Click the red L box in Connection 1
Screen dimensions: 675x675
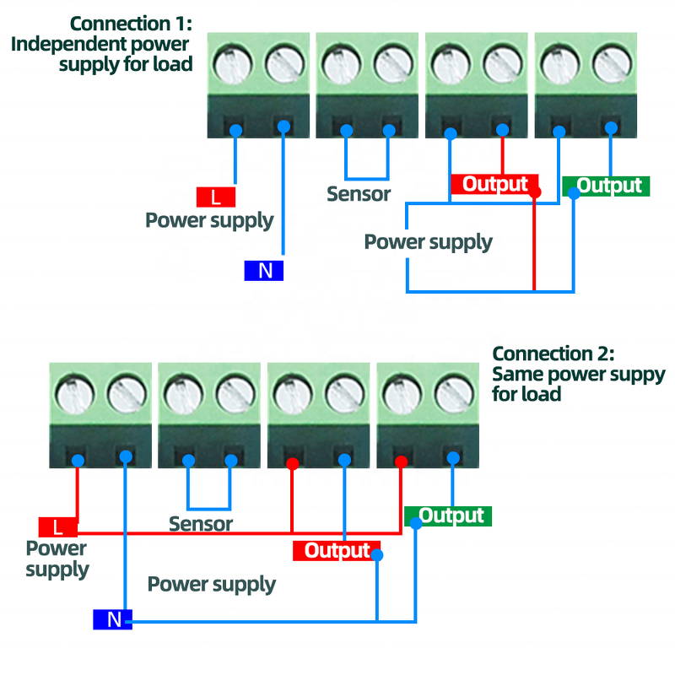[x=216, y=197]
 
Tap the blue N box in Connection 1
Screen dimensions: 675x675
[x=264, y=271]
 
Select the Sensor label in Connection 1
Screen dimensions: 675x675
[x=359, y=194]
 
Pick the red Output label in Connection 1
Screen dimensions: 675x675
[x=494, y=184]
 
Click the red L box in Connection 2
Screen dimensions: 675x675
[x=57, y=527]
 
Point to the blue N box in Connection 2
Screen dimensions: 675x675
[x=112, y=620]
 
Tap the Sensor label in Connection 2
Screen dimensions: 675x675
[x=201, y=524]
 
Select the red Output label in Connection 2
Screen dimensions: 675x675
[x=335, y=551]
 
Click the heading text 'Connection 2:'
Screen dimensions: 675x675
[x=553, y=354]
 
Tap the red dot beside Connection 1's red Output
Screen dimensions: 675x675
[x=534, y=192]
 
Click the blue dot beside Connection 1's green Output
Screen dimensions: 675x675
[x=574, y=193]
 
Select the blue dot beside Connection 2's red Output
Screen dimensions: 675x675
[x=376, y=555]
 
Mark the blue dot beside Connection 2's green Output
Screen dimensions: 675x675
[x=417, y=523]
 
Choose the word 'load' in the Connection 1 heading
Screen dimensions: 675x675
[x=173, y=64]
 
